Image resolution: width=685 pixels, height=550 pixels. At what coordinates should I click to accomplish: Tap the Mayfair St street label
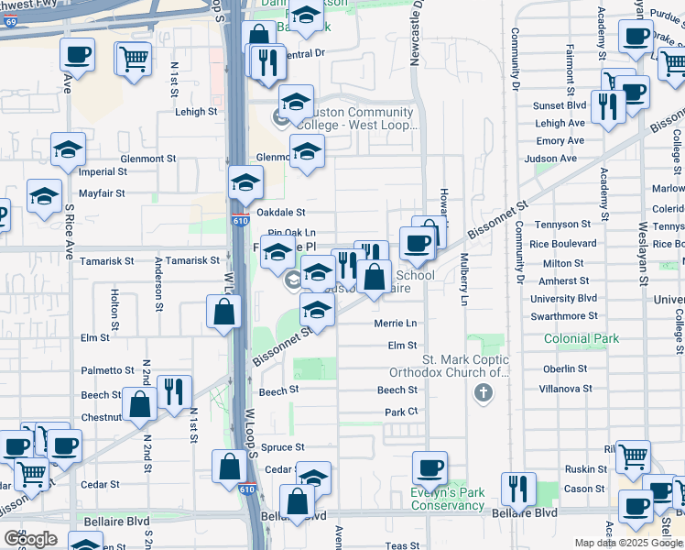pyautogui.click(x=102, y=193)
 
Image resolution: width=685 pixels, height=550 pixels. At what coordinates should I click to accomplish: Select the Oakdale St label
pyautogui.click(x=280, y=213)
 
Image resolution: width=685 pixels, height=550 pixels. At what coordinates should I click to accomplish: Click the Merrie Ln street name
pyautogui.click(x=395, y=324)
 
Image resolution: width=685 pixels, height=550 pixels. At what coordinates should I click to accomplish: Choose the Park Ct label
pyautogui.click(x=401, y=412)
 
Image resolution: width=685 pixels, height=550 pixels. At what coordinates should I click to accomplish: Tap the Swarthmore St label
pyautogui.click(x=564, y=315)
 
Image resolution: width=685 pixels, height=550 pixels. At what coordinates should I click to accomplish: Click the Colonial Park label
pyautogui.click(x=582, y=338)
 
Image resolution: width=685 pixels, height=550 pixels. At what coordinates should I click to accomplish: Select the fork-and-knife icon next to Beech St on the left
pyautogui.click(x=173, y=391)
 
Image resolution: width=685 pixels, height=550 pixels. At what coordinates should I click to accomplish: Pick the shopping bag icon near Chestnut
pyautogui.click(x=139, y=404)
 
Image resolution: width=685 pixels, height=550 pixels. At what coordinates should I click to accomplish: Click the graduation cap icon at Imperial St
pyautogui.click(x=68, y=151)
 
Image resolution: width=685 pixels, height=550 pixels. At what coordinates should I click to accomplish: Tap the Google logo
pyautogui.click(x=30, y=539)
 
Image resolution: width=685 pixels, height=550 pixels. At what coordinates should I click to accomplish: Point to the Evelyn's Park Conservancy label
pyautogui.click(x=447, y=499)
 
